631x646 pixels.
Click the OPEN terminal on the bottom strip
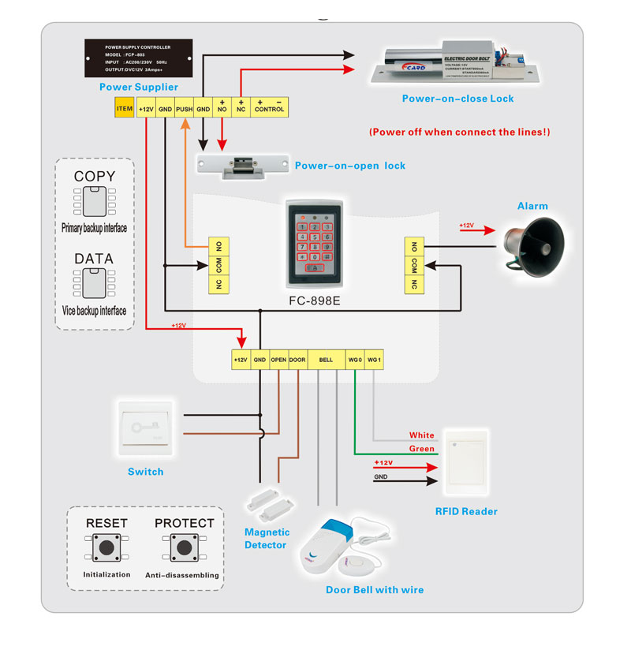tap(278, 360)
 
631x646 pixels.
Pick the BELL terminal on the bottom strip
tap(325, 360)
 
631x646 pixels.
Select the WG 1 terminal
tap(374, 360)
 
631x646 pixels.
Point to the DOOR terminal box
tap(297, 360)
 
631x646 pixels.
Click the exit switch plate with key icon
tap(147, 431)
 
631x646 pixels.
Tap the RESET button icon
tap(105, 547)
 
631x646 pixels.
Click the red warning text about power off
tap(459, 132)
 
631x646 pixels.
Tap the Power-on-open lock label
tap(350, 166)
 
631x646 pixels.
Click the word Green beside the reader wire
tap(421, 449)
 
